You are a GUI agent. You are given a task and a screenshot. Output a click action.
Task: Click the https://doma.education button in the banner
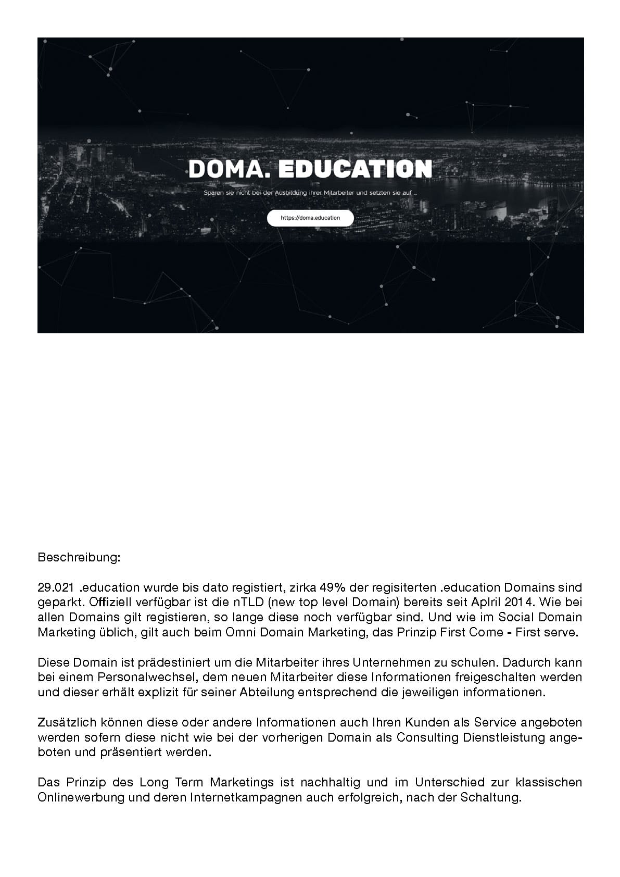pos(310,218)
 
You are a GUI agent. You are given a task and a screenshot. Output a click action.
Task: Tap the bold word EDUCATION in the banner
pos(355,169)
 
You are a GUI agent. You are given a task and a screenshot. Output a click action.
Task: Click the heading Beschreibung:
pos(79,558)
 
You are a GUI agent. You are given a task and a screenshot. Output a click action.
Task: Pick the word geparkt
pos(58,603)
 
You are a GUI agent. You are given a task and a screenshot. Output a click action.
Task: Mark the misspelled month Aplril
pos(487,603)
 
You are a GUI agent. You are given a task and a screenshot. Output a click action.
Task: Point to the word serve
pos(562,633)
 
